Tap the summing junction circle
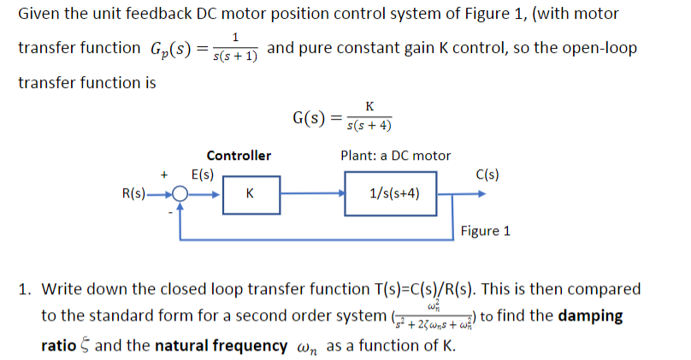pyautogui.click(x=180, y=194)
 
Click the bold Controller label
pyautogui.click(x=239, y=156)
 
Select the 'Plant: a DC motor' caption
pyautogui.click(x=395, y=156)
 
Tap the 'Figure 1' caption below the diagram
pyautogui.click(x=485, y=231)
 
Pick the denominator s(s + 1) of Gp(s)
pyautogui.click(x=236, y=56)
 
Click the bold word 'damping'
pyautogui.click(x=590, y=316)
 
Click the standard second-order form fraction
pyautogui.click(x=432, y=316)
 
